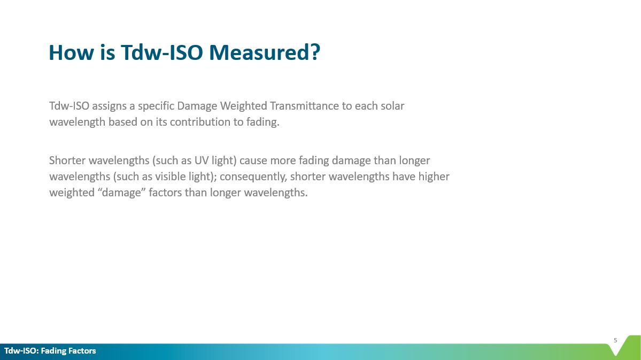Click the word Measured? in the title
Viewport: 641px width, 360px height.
click(x=264, y=53)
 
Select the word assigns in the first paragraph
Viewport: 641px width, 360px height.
click(x=109, y=106)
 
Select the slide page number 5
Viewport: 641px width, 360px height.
click(x=615, y=340)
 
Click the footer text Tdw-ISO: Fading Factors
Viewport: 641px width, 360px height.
click(x=50, y=350)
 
